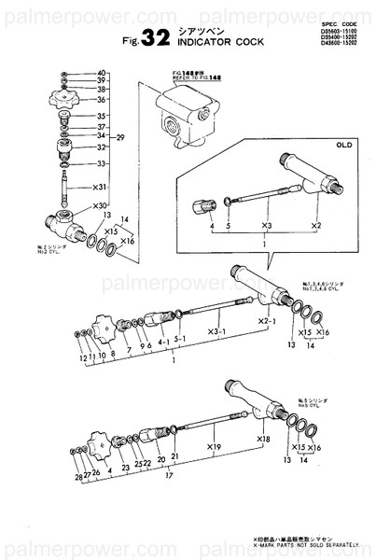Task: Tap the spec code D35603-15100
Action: click(x=337, y=28)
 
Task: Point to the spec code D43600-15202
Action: click(x=337, y=43)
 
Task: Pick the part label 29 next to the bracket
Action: click(x=119, y=138)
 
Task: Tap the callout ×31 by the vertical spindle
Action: click(x=101, y=187)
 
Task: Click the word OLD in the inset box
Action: click(x=343, y=147)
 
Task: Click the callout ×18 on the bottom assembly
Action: click(x=264, y=438)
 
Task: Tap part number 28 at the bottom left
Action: click(x=78, y=476)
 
